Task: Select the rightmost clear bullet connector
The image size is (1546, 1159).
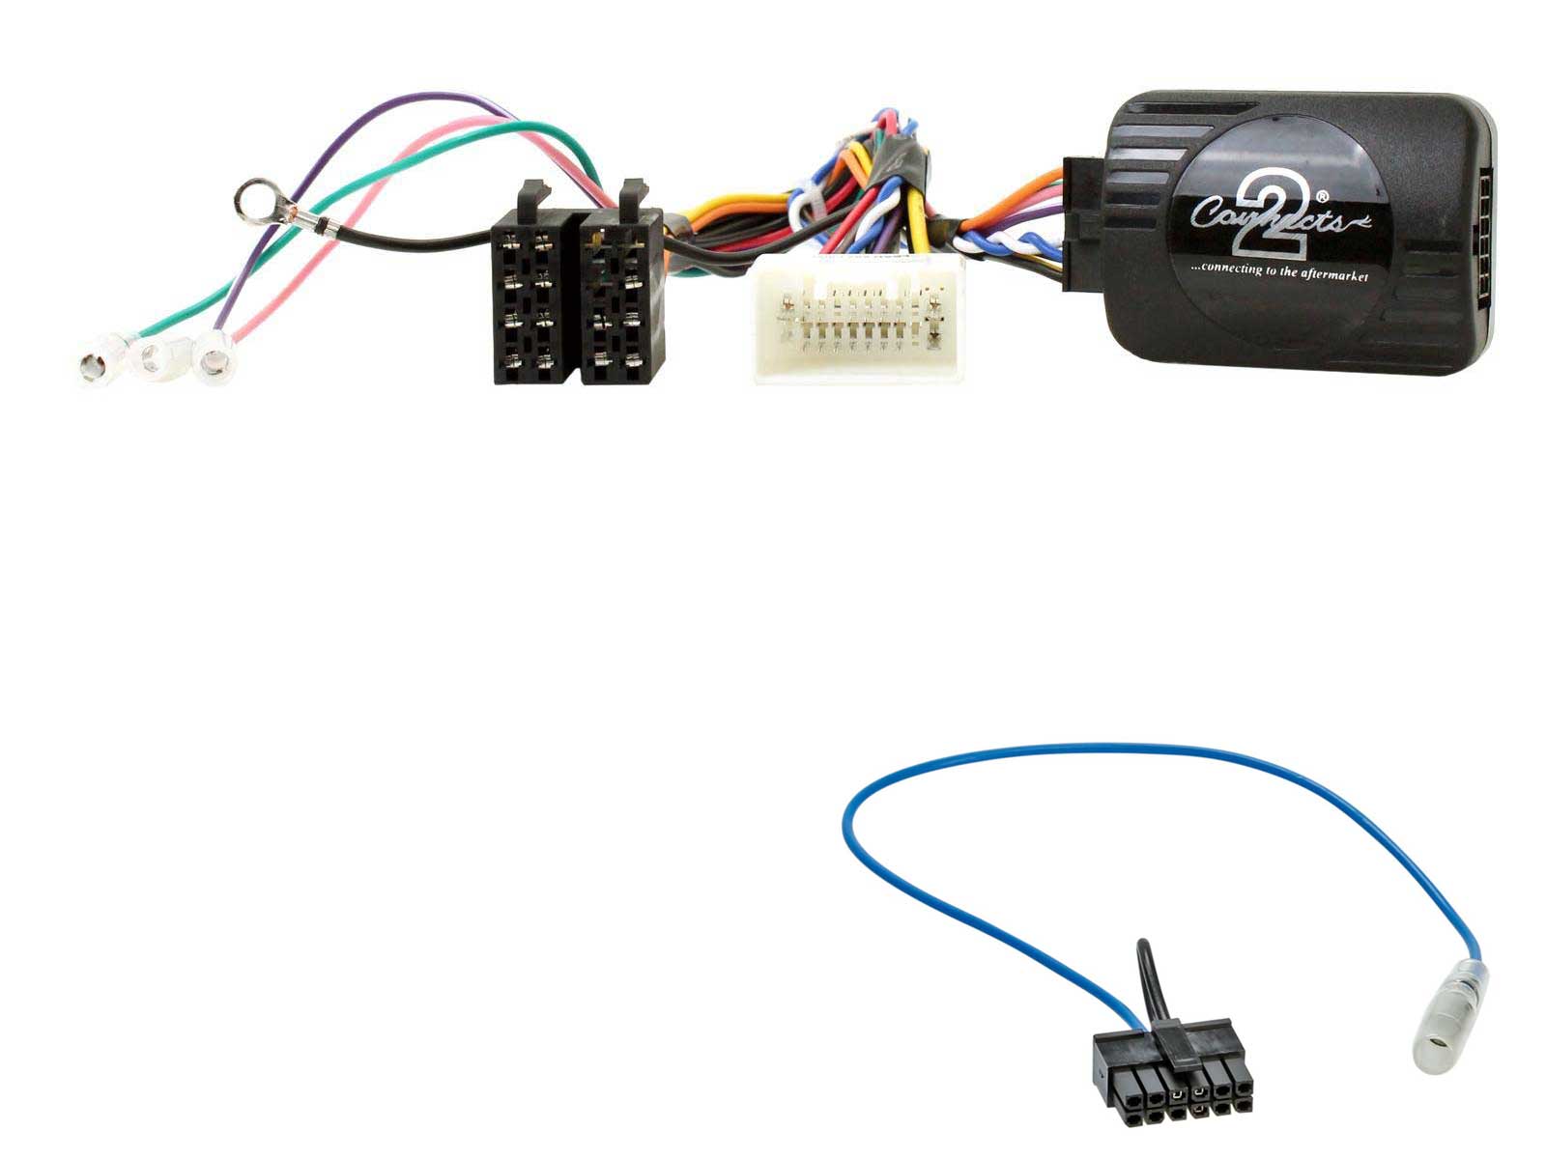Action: coord(214,358)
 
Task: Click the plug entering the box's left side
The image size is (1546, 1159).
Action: coord(1079,224)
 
